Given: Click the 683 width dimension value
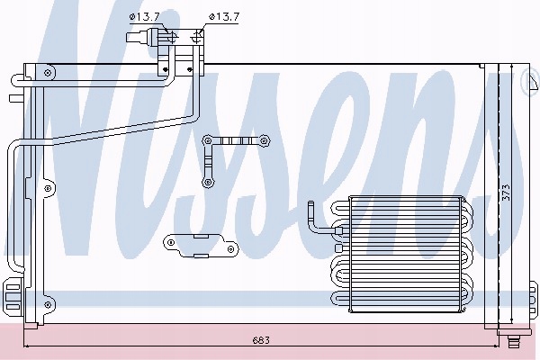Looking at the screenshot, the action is click(261, 341).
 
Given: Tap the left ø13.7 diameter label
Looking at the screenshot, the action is click(145, 17).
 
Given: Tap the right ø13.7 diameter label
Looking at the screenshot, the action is click(224, 17).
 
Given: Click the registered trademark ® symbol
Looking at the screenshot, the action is click(531, 82).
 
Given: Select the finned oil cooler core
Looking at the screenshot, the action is click(406, 254).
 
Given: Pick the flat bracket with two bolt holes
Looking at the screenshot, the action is click(201, 246).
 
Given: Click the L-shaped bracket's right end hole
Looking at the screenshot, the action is click(264, 140).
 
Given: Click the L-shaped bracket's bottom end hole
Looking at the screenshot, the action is click(207, 182).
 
